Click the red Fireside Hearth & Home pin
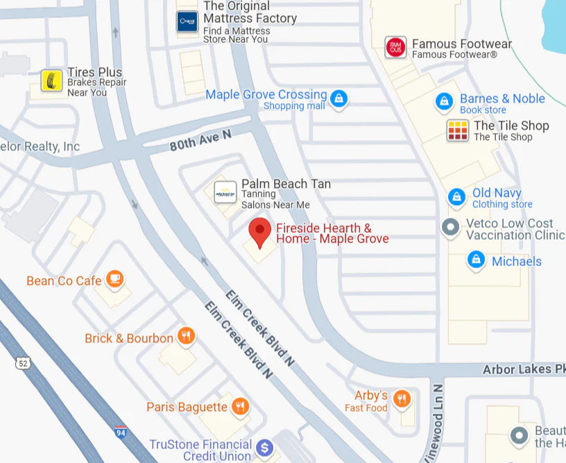[260, 232]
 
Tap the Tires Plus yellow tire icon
[51, 81]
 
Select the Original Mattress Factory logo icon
[187, 21]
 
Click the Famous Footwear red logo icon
[396, 48]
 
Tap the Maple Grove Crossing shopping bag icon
[338, 98]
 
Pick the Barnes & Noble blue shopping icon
[444, 102]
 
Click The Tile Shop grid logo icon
[458, 130]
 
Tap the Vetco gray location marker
[451, 227]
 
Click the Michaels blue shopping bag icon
[476, 261]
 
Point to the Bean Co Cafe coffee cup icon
[114, 279]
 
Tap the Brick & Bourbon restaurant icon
[186, 337]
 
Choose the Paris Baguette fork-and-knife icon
[240, 406]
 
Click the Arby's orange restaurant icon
[402, 399]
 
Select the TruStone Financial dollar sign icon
[264, 448]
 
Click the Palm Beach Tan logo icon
[225, 192]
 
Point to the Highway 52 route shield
[24, 362]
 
